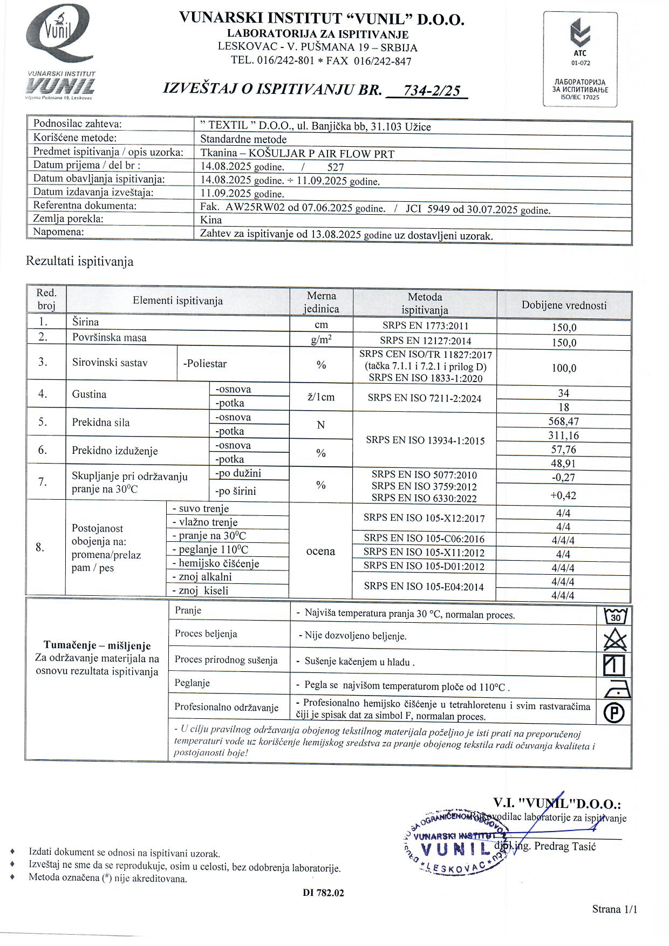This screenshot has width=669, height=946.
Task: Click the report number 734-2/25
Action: tap(432, 90)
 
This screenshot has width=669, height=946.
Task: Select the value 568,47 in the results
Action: tap(563, 421)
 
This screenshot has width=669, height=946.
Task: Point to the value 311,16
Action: tap(563, 435)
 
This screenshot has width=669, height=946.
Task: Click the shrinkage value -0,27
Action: tap(563, 477)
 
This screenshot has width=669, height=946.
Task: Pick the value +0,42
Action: tap(563, 495)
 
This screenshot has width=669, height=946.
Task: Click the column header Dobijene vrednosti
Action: tap(564, 305)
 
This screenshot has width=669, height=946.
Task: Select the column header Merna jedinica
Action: tap(322, 302)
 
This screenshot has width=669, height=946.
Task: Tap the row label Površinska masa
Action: tap(110, 338)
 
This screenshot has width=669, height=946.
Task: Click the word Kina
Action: tap(211, 220)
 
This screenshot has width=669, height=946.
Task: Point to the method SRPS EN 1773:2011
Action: tap(425, 326)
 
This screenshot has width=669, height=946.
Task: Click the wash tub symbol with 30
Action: tap(615, 615)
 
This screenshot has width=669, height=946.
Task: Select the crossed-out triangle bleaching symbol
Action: tap(615, 640)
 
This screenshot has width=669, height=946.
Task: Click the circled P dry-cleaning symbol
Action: tap(615, 713)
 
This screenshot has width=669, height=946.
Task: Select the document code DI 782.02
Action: tap(323, 893)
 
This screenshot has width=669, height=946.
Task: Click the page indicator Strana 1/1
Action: tap(615, 909)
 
